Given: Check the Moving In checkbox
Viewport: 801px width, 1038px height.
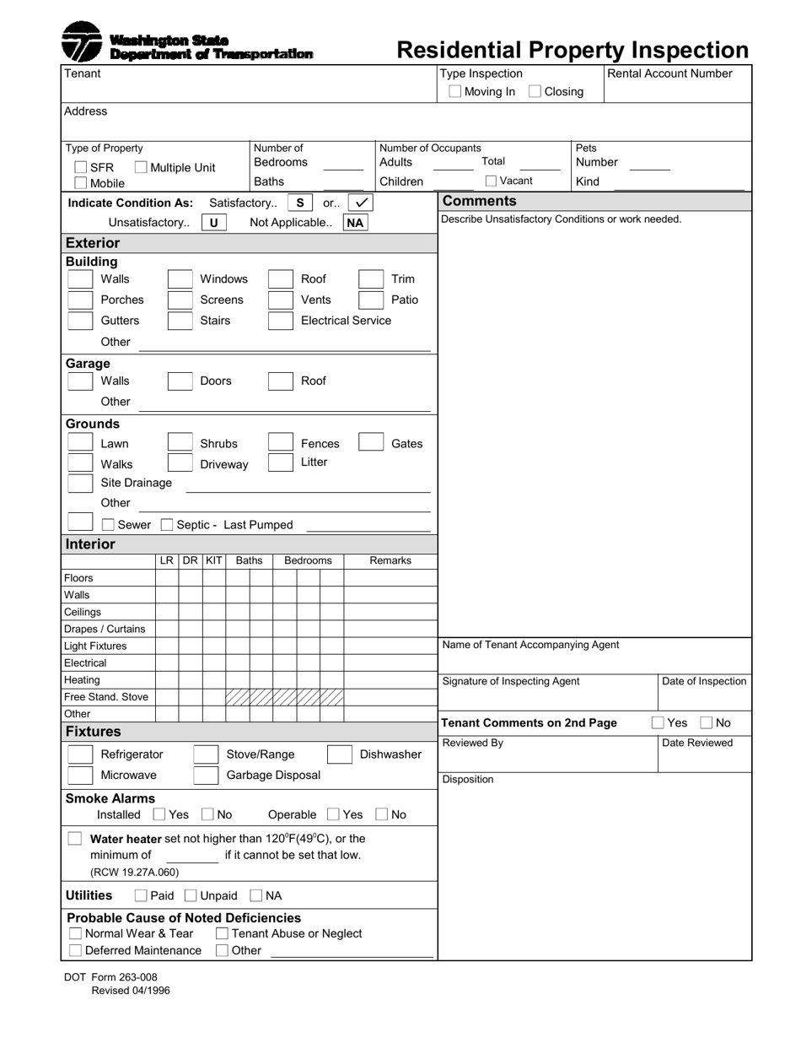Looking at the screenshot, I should pyautogui.click(x=455, y=91).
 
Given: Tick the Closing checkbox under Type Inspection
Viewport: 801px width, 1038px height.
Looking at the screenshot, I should pyautogui.click(x=535, y=91).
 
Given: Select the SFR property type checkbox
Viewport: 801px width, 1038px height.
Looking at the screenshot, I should pyautogui.click(x=81, y=167).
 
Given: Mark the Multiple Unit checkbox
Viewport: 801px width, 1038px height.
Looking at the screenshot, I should pyautogui.click(x=141, y=167).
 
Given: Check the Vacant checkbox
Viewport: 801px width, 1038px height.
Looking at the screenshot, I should pyautogui.click(x=491, y=181).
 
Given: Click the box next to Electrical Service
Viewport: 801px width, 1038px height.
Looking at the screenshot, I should pyautogui.click(x=280, y=321).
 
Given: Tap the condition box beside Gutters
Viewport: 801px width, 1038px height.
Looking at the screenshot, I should pyautogui.click(x=80, y=321).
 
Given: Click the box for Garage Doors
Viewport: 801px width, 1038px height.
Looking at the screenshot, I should pyautogui.click(x=180, y=381).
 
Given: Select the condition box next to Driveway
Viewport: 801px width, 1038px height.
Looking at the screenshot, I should pyautogui.click(x=180, y=462).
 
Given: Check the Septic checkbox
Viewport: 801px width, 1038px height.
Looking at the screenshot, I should pyautogui.click(x=167, y=525).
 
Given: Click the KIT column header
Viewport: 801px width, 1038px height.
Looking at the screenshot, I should pyautogui.click(x=214, y=560).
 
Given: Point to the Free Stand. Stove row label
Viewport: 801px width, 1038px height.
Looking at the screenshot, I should pyautogui.click(x=106, y=697).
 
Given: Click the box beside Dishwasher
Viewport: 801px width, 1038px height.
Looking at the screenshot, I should pyautogui.click(x=339, y=754).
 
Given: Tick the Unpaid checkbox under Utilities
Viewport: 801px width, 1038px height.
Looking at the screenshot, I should pyautogui.click(x=191, y=895).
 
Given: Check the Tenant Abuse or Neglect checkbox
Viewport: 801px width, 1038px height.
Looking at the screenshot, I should pyautogui.click(x=222, y=933).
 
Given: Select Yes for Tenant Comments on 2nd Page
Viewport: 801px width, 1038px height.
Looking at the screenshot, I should pyautogui.click(x=658, y=722).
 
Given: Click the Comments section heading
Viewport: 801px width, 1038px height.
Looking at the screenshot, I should pyautogui.click(x=479, y=201).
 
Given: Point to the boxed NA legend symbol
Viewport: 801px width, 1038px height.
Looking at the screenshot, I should pyautogui.click(x=355, y=223).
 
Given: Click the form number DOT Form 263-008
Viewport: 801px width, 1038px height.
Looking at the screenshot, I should pyautogui.click(x=110, y=977).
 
